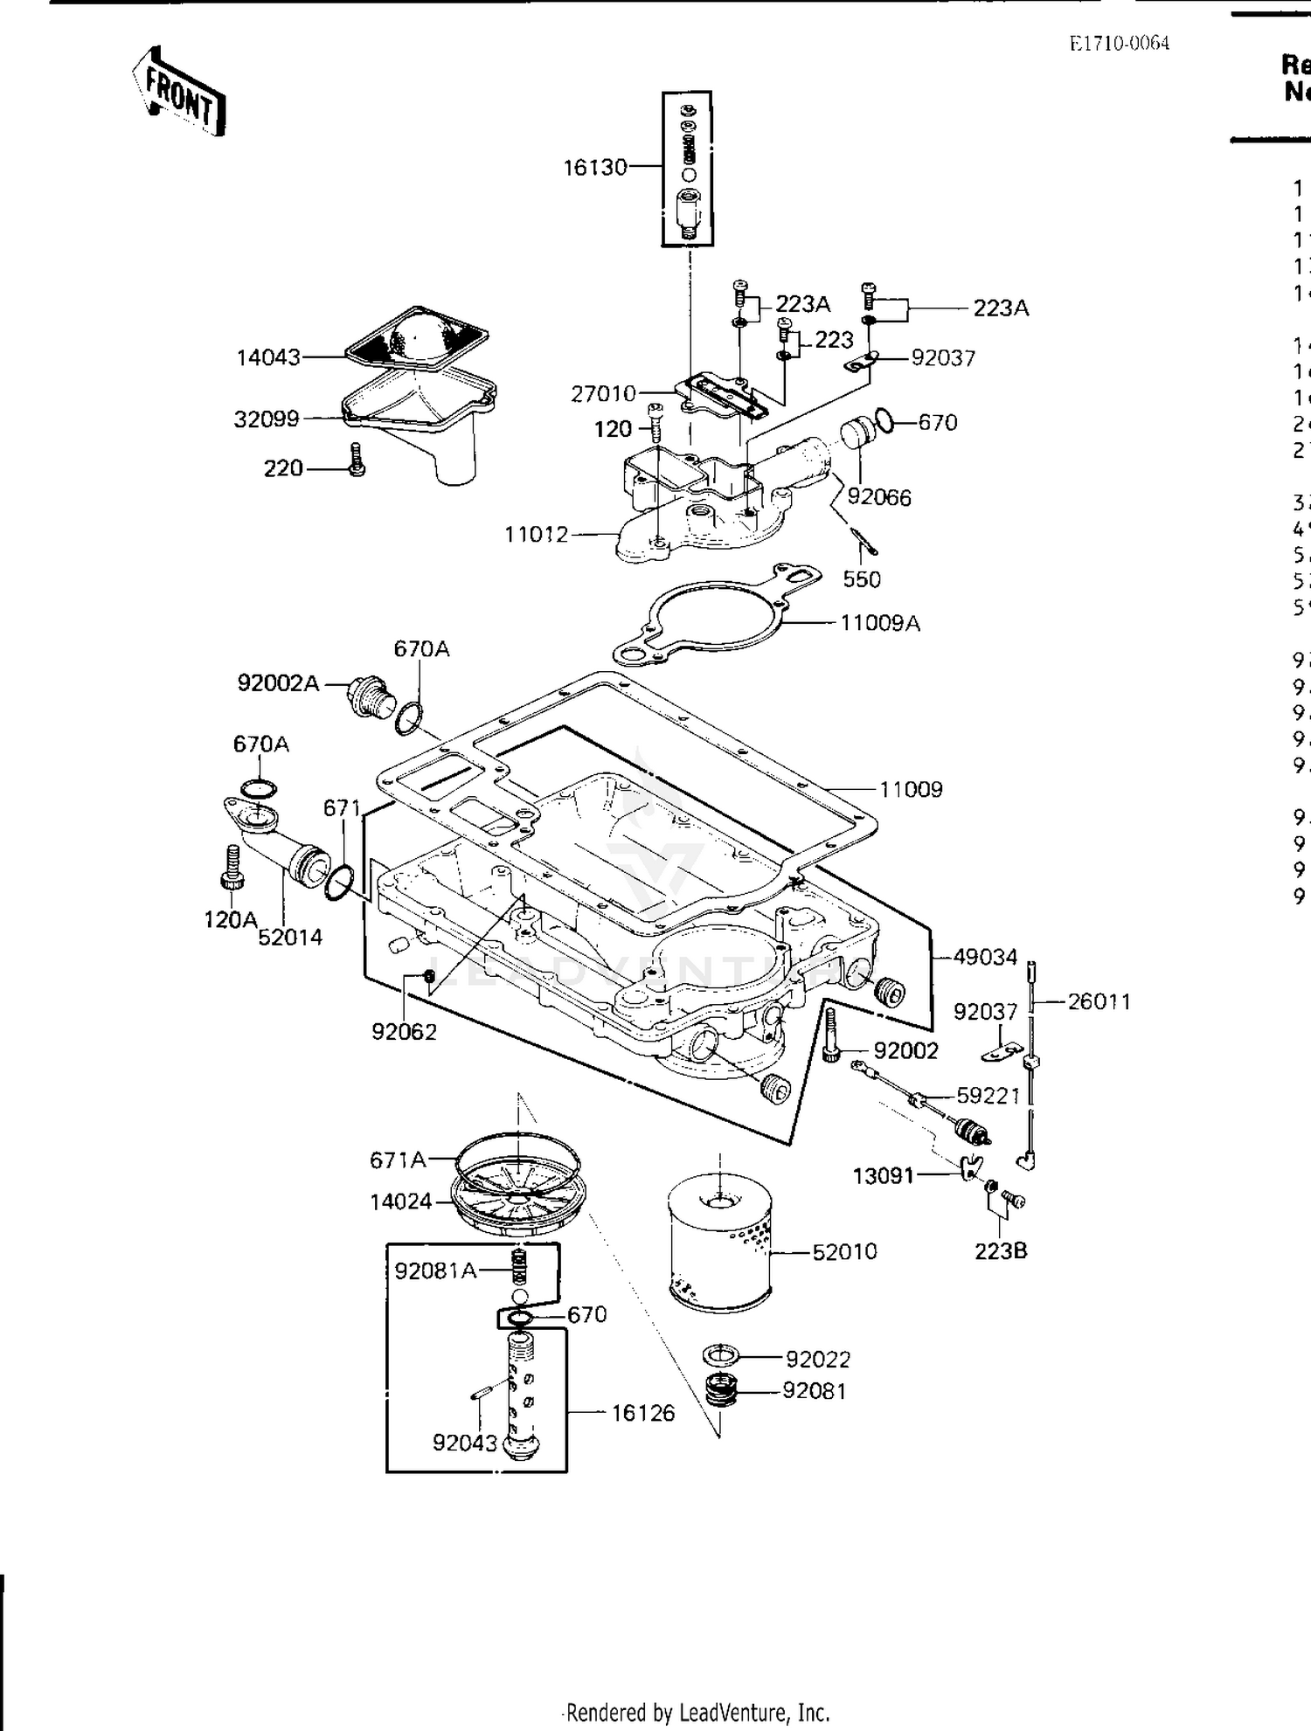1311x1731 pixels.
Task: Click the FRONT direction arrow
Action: pyautogui.click(x=179, y=92)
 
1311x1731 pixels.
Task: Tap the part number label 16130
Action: pyautogui.click(x=594, y=167)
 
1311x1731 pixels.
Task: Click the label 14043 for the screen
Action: pyautogui.click(x=268, y=357)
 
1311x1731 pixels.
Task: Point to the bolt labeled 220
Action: pyautogui.click(x=356, y=460)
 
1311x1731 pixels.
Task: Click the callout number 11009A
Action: pyautogui.click(x=879, y=623)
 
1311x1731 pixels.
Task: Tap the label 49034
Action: pyautogui.click(x=985, y=957)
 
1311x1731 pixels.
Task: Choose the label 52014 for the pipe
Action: pyautogui.click(x=290, y=938)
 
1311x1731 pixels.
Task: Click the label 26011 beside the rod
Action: pyautogui.click(x=1099, y=1002)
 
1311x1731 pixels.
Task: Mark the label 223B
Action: pyautogui.click(x=1001, y=1251)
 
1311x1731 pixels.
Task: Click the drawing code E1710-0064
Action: pyautogui.click(x=1119, y=44)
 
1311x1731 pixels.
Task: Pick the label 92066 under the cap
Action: pyautogui.click(x=878, y=498)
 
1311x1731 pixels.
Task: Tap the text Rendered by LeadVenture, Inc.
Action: pyautogui.click(x=697, y=1713)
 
